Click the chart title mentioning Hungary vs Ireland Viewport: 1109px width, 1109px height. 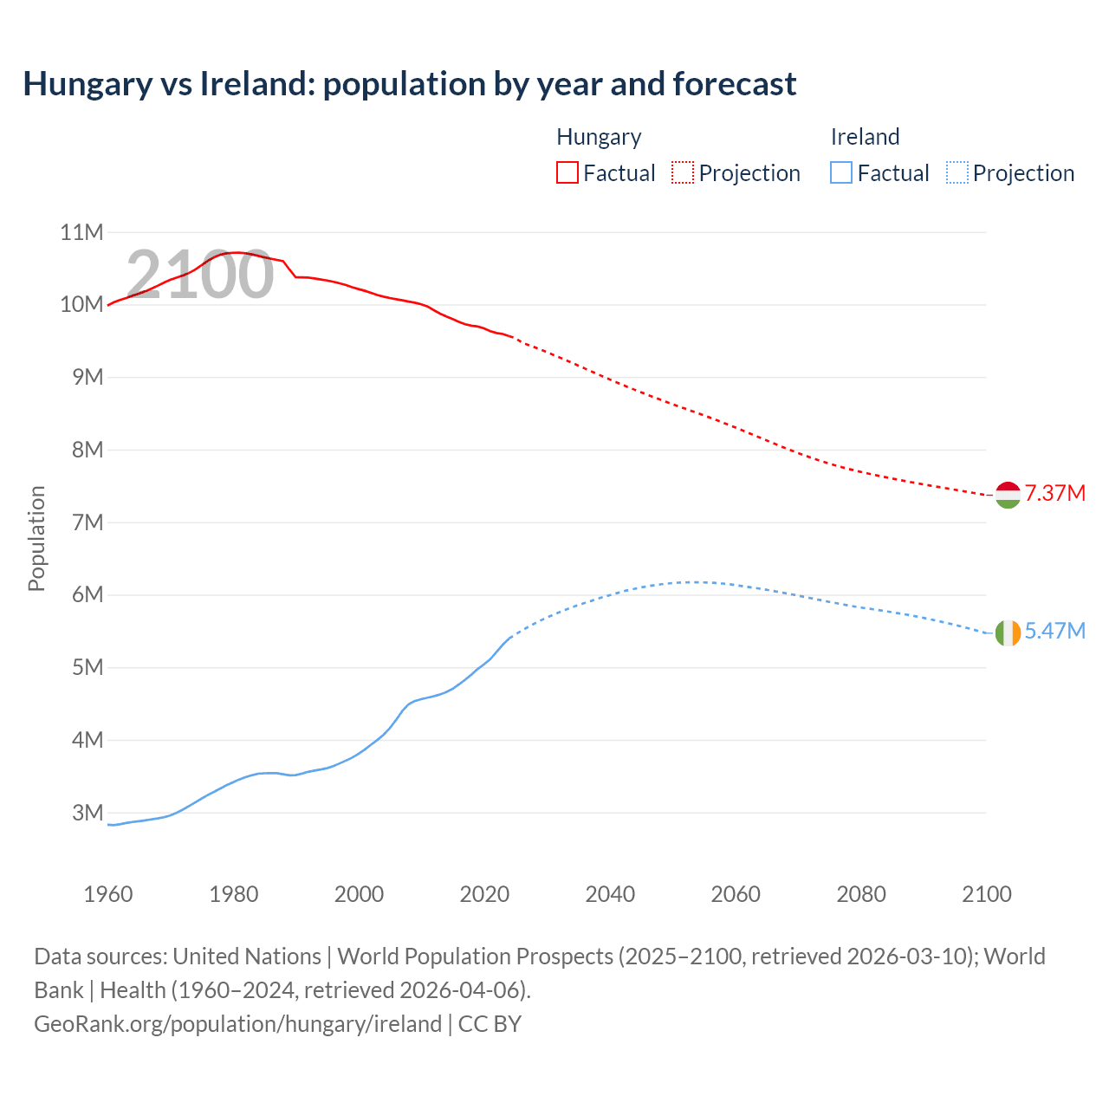tap(409, 84)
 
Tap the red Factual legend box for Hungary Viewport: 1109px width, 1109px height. tap(567, 172)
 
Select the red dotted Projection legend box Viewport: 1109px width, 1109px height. tap(683, 172)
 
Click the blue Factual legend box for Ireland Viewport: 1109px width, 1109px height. tap(841, 172)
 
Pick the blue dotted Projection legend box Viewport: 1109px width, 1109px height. tap(957, 172)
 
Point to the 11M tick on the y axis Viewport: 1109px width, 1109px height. tap(81, 232)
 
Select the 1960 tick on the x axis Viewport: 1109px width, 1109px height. tap(108, 894)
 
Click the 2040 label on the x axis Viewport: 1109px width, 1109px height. tap(610, 894)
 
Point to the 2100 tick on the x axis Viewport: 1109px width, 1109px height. tap(987, 894)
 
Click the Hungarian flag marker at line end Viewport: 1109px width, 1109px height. tap(1008, 495)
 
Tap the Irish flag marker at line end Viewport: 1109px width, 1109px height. tap(1008, 633)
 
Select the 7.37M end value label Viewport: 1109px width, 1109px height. tap(1054, 494)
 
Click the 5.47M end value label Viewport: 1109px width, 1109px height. tap(1054, 632)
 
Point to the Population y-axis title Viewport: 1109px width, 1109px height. tap(36, 539)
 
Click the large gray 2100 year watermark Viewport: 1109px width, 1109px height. tap(200, 275)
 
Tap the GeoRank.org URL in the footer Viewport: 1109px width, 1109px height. tap(237, 1024)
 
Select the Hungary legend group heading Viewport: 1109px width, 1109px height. tap(599, 137)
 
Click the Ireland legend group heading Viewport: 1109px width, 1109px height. tap(865, 137)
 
